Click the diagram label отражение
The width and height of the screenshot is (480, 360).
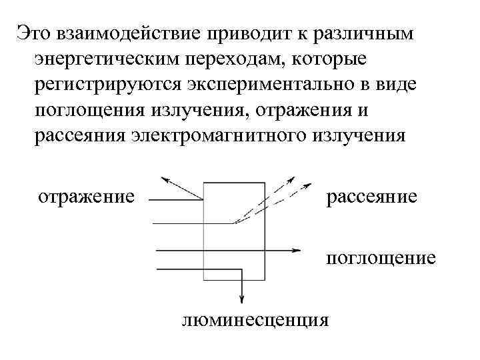pos(86,197)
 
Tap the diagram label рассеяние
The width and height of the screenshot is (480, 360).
pos(371,197)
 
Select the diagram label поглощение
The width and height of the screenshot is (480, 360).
pos(381,257)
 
